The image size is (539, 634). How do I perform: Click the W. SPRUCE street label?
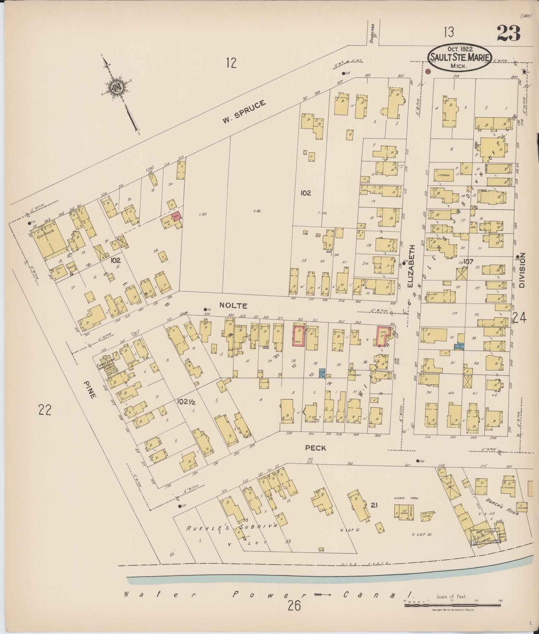244,111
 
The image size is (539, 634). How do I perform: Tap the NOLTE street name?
233,305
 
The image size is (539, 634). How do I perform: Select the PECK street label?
316,448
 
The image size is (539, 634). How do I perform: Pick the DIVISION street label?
522,270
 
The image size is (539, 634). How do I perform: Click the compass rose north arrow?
115,87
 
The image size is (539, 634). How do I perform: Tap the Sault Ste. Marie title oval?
460,58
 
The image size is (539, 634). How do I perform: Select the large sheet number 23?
509,33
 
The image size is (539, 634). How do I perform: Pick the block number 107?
468,261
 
